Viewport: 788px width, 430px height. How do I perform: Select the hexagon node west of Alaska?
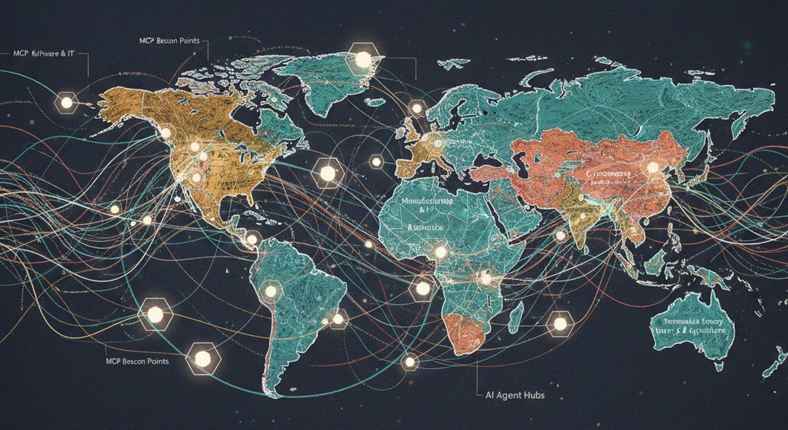66,102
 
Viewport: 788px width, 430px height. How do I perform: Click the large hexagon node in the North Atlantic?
327,173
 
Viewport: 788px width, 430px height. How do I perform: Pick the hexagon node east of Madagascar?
559,322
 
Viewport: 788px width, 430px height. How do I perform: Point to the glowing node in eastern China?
652,168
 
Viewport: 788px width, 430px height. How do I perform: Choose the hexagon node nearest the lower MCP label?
202,358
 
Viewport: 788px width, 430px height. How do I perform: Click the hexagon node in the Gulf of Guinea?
423,288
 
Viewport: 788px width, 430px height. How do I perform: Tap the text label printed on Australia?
693,326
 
